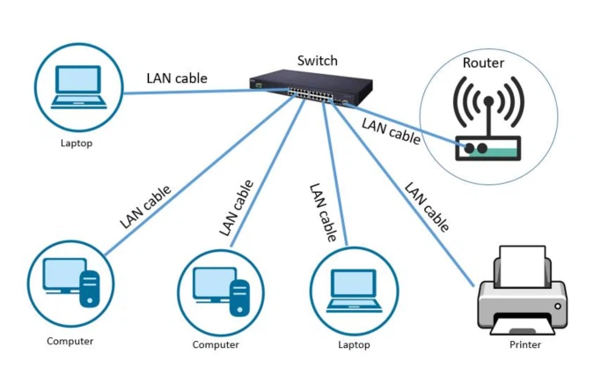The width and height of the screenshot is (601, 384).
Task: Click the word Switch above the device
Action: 317,61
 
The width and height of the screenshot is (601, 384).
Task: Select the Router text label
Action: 483,63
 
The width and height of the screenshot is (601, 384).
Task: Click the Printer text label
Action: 525,344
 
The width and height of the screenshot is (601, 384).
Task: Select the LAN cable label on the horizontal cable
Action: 177,78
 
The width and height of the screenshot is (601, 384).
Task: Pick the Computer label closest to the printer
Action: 216,344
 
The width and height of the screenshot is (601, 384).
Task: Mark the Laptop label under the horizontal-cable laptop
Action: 75,143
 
